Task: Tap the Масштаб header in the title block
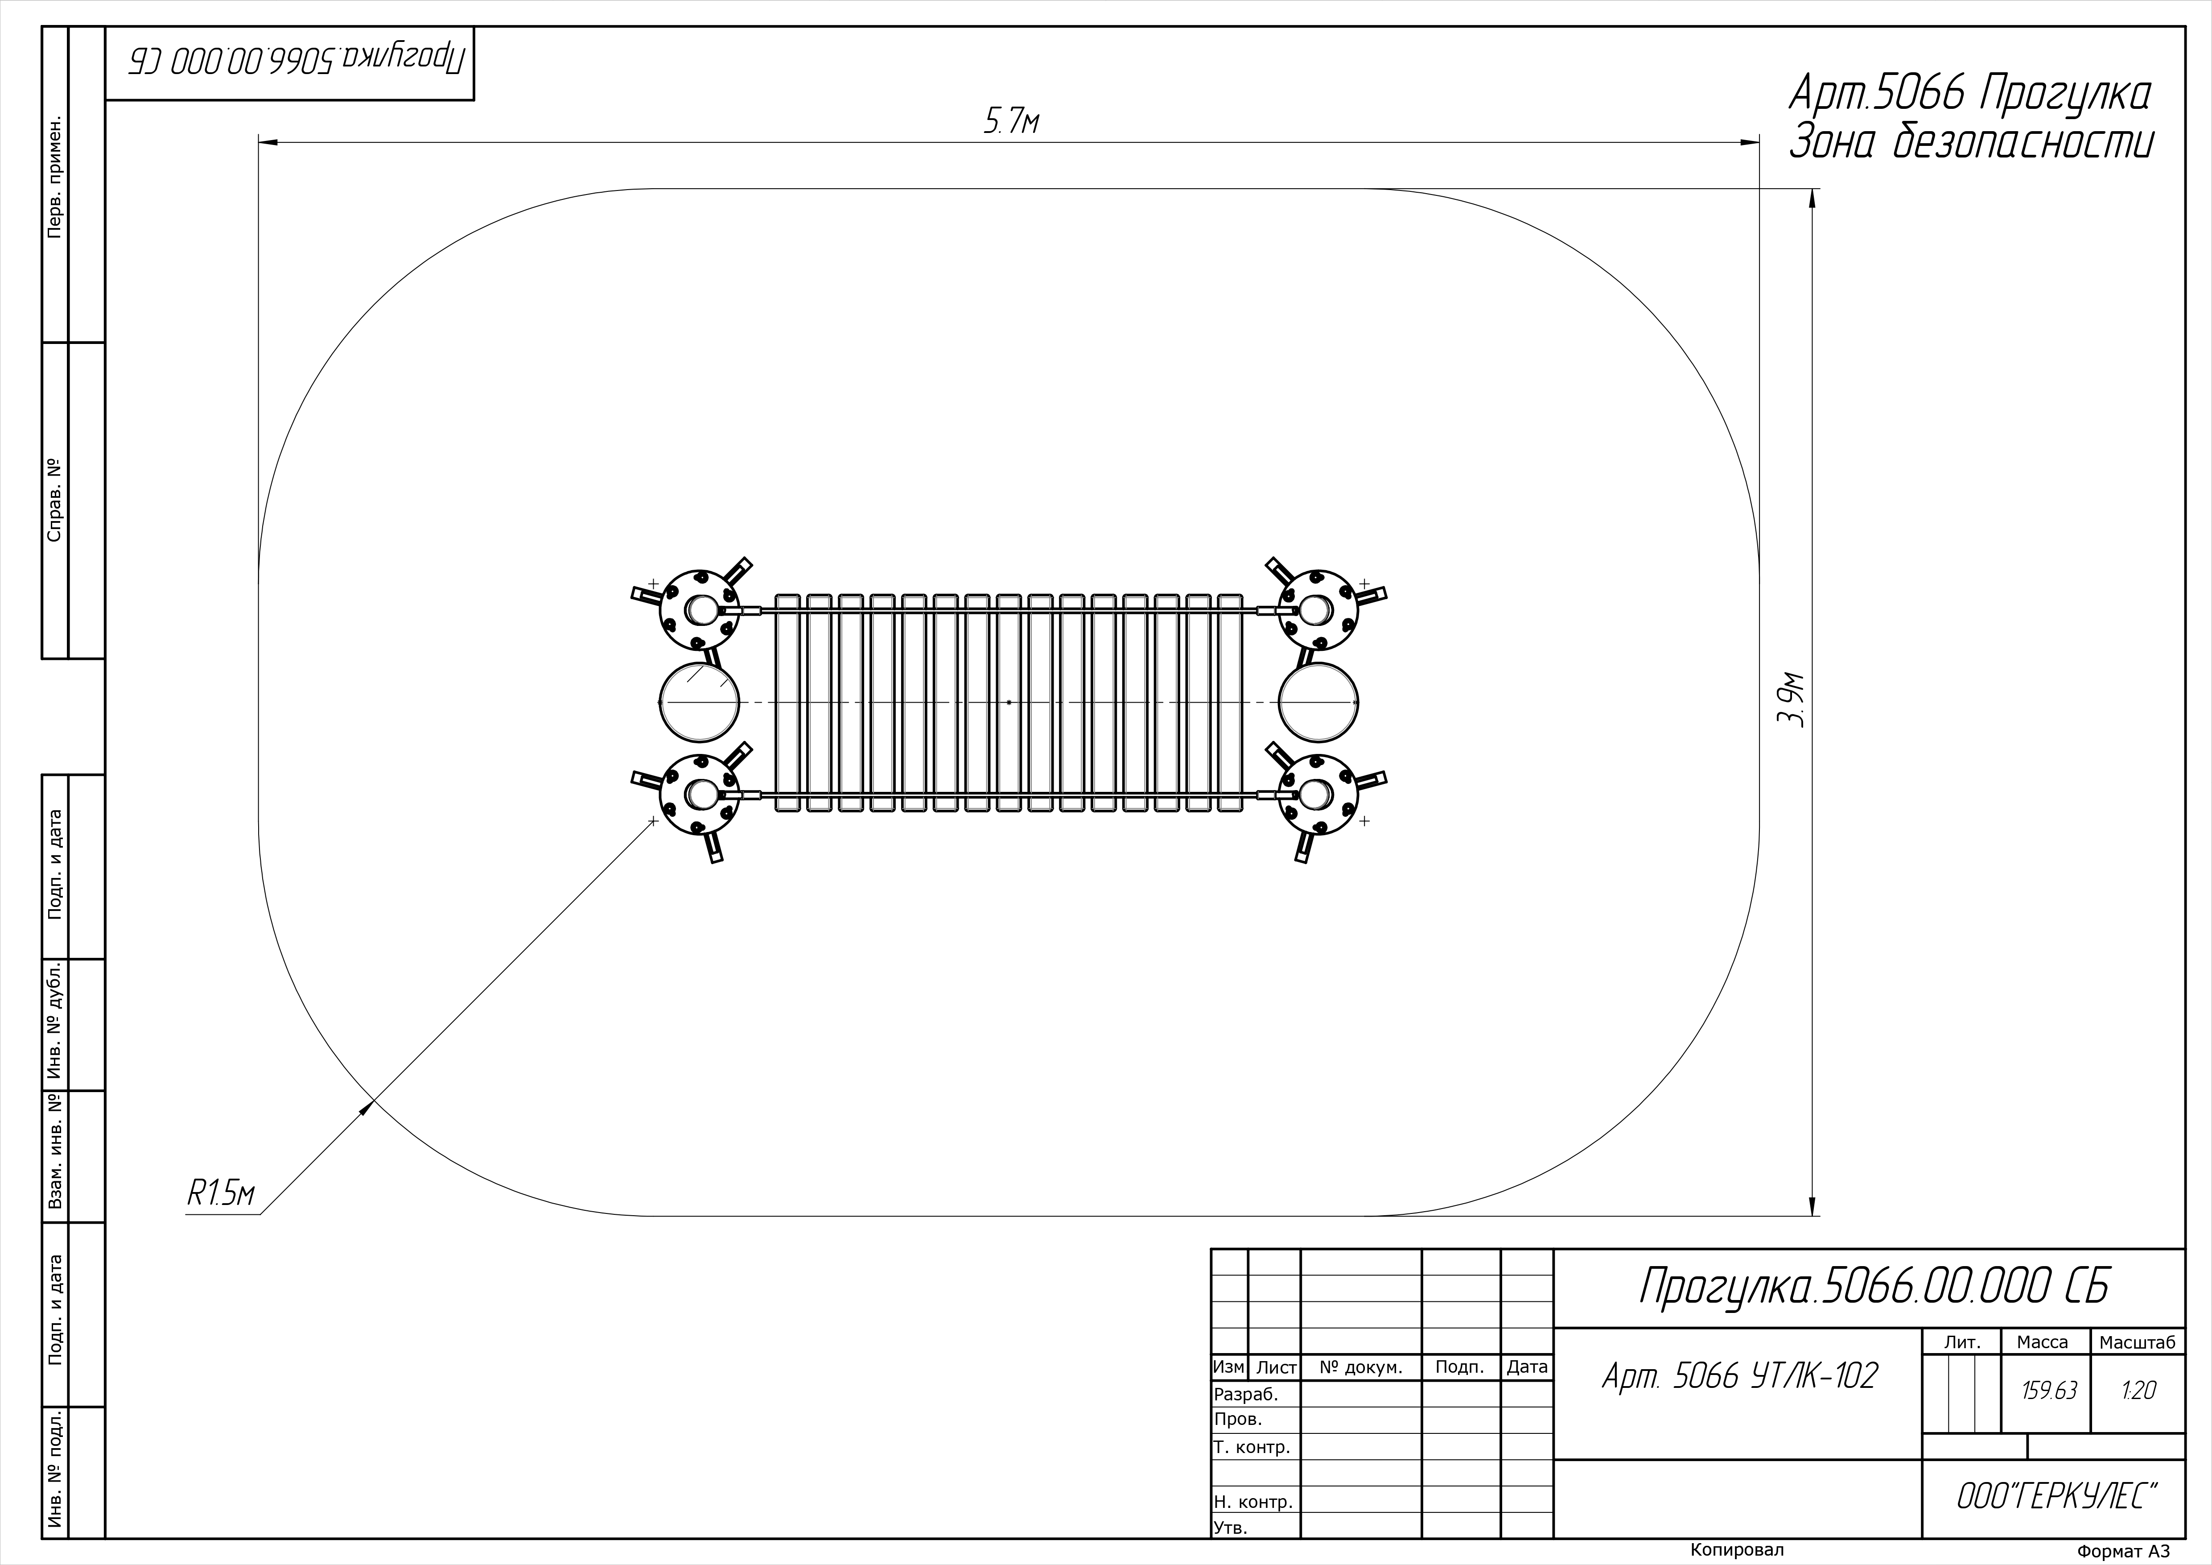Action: click(x=2137, y=1342)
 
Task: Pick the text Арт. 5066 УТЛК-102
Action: click(x=1740, y=1376)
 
